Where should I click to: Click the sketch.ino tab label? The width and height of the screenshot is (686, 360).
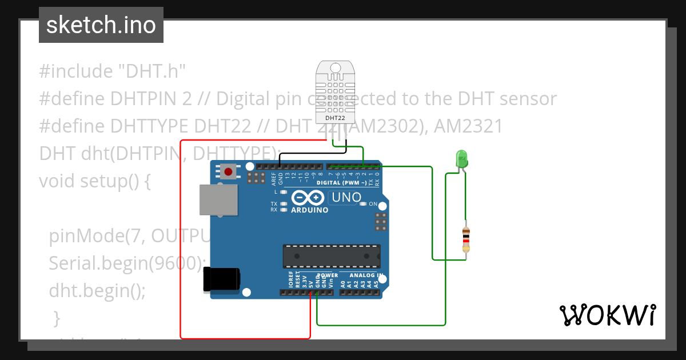tap(101, 25)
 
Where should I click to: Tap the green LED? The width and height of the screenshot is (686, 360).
tap(461, 158)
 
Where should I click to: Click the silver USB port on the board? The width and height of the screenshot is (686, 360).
tap(218, 201)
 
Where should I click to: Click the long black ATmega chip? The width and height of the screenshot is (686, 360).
tap(332, 256)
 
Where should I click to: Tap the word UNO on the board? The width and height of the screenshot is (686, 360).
tap(345, 197)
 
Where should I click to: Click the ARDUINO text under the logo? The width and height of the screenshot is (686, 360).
tap(310, 210)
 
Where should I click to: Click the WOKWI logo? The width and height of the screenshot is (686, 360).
tap(607, 315)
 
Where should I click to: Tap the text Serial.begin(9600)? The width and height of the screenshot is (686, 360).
tap(127, 263)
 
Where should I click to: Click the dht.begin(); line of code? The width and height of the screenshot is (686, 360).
tap(97, 290)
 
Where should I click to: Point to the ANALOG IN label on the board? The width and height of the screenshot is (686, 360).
tap(366, 275)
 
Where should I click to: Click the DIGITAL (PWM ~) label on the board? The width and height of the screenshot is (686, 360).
tap(341, 183)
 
